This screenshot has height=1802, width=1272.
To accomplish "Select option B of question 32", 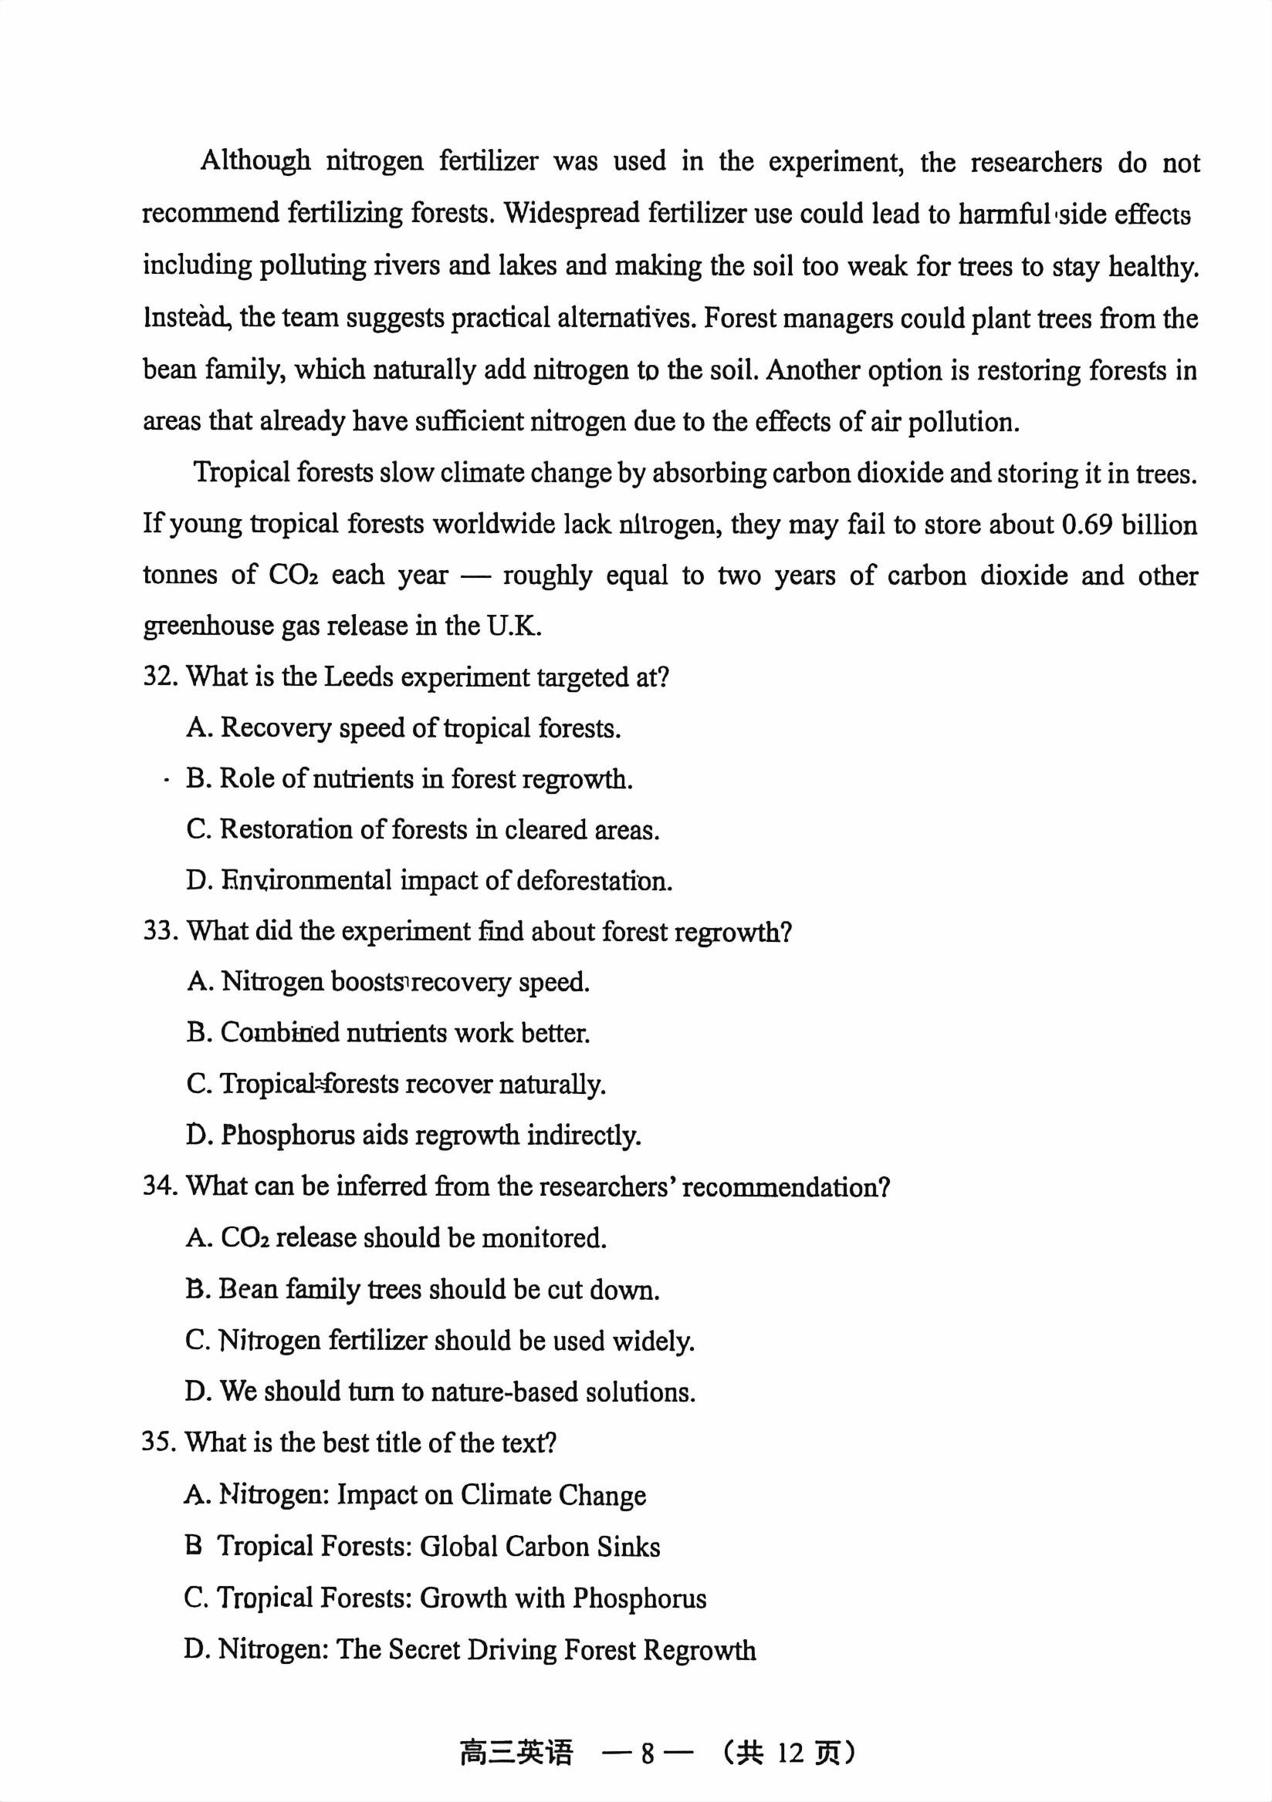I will [408, 778].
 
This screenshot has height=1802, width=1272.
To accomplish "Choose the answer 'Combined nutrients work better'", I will [388, 1033].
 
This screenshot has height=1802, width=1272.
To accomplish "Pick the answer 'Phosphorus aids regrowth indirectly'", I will [414, 1135].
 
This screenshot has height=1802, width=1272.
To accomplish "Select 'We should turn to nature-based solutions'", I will [440, 1392].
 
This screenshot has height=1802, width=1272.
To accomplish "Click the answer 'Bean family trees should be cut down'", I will [422, 1290].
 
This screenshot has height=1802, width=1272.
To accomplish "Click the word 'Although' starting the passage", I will [255, 161].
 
